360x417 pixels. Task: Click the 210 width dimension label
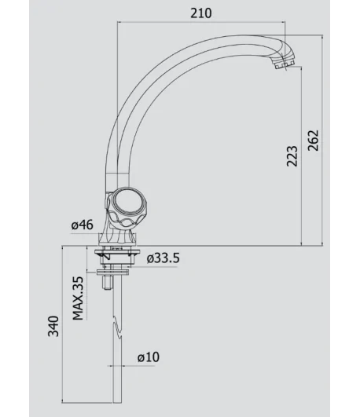point(201,13)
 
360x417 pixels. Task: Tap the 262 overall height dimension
point(313,141)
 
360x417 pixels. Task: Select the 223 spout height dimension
point(292,156)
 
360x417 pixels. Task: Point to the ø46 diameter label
point(83,225)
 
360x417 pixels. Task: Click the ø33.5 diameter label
point(163,258)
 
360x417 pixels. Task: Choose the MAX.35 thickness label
point(78,298)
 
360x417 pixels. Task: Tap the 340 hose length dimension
point(53,327)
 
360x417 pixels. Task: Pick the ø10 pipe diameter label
point(149,357)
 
